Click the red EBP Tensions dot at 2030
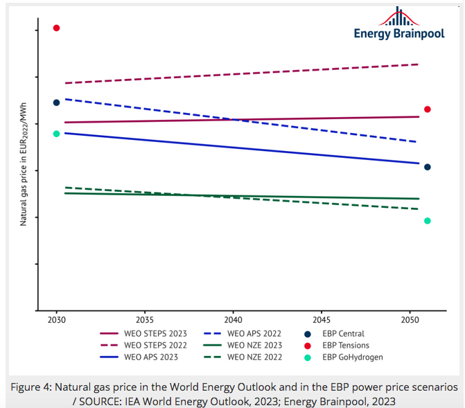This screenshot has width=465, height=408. pyautogui.click(x=57, y=28)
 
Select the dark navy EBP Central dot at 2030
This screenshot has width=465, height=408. pyautogui.click(x=57, y=103)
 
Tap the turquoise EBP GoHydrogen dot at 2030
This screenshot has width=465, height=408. pyautogui.click(x=57, y=134)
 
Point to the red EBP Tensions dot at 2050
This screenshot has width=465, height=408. pyautogui.click(x=428, y=109)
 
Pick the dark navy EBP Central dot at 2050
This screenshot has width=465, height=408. pyautogui.click(x=428, y=167)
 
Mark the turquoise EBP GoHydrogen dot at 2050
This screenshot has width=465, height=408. pyautogui.click(x=428, y=221)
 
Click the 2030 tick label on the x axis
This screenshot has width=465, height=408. pyautogui.click(x=57, y=321)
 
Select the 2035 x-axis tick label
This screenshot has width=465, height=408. pyautogui.click(x=144, y=321)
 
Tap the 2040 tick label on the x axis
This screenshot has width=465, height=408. pyautogui.click(x=233, y=321)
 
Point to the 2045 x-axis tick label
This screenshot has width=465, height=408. pyautogui.click(x=322, y=321)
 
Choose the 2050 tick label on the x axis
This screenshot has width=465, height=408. pyautogui.click(x=410, y=321)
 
